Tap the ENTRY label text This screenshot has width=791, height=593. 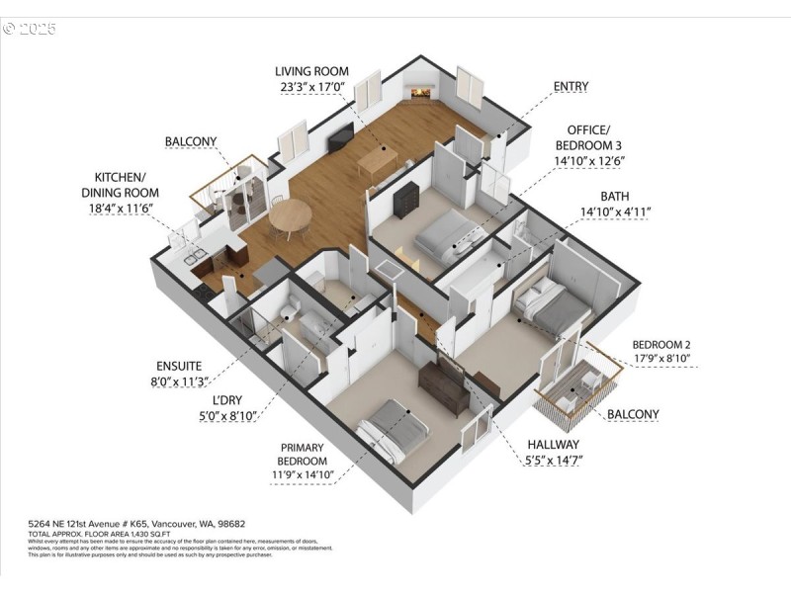click(x=571, y=87)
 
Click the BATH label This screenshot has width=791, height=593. click(x=614, y=196)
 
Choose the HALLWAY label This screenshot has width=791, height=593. click(x=553, y=444)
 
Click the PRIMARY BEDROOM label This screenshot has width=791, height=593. click(x=302, y=454)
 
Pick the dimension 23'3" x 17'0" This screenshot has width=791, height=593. click(x=310, y=86)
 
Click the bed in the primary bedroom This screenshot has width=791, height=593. click(x=387, y=430)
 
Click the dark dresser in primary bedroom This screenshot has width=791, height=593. click(x=444, y=387)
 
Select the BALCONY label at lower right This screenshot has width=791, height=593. click(x=633, y=413)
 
